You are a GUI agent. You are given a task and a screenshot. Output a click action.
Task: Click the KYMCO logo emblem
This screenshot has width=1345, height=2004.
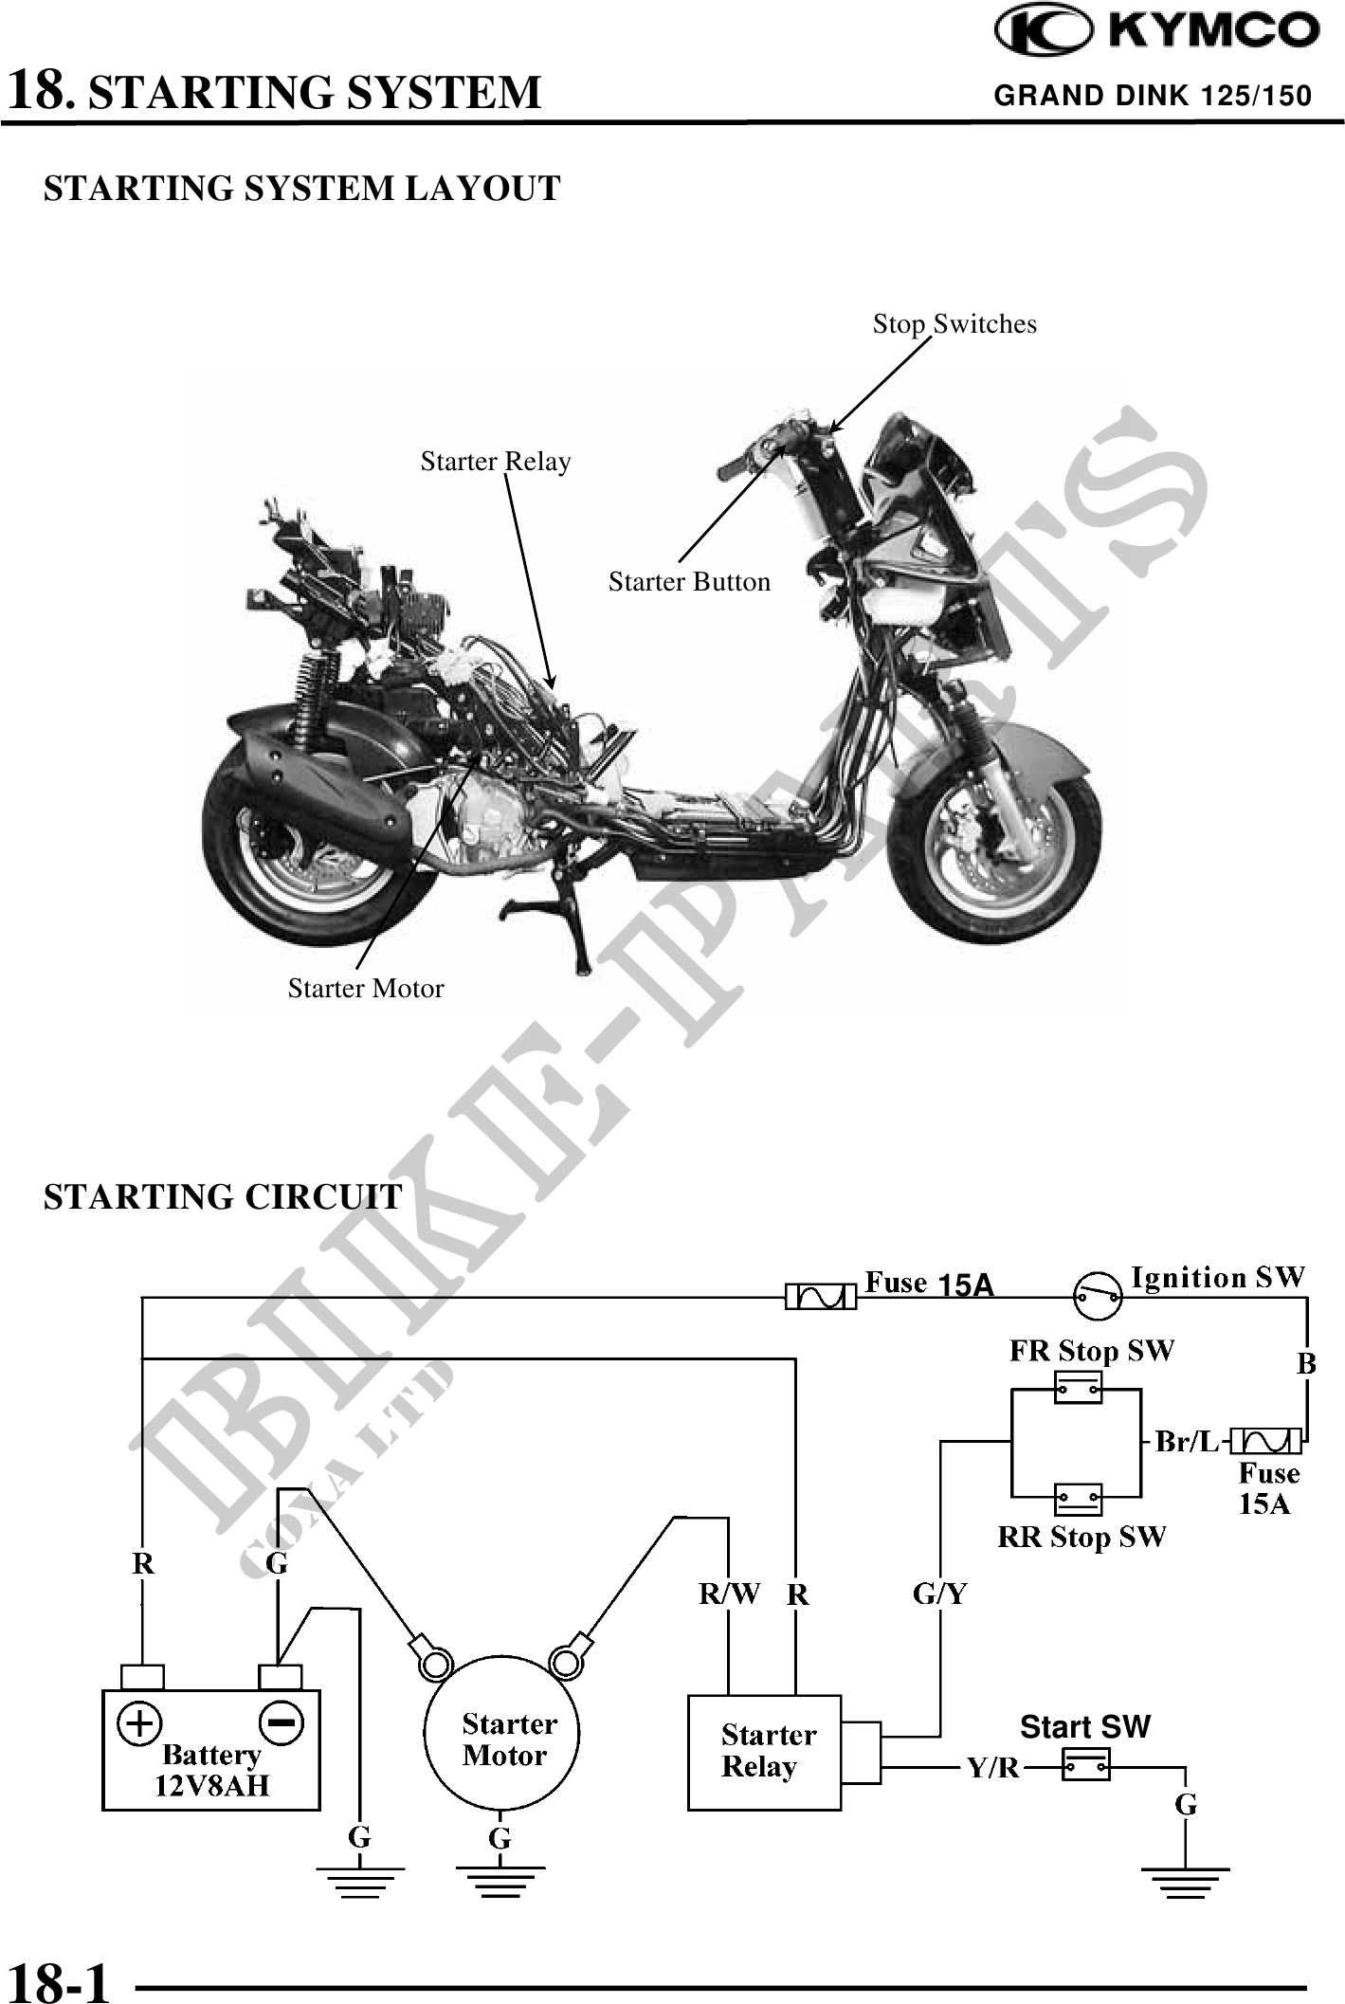[x=1042, y=31]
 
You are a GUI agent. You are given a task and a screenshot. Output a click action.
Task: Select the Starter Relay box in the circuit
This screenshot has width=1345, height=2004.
[x=764, y=1752]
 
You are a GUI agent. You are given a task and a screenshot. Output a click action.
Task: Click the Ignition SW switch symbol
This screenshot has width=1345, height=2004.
[x=1098, y=1295]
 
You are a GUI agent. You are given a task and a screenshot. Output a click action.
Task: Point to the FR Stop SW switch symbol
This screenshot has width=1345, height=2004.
[x=1079, y=1390]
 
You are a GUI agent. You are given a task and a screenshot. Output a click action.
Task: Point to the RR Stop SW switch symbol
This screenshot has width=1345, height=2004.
[x=1079, y=1500]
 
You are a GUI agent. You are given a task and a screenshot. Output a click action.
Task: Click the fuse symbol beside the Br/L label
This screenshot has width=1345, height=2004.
[x=1265, y=1442]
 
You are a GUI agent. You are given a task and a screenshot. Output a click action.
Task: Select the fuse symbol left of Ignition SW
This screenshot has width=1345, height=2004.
[x=821, y=1296]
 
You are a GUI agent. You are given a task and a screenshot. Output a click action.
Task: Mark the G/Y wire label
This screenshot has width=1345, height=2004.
[x=939, y=1594]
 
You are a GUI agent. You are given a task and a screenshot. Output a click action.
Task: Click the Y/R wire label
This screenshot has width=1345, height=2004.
[x=992, y=1768]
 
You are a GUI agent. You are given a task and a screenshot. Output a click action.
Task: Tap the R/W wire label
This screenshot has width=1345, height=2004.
[x=729, y=1594]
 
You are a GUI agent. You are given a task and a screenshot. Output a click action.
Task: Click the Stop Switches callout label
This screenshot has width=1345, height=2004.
[x=954, y=324]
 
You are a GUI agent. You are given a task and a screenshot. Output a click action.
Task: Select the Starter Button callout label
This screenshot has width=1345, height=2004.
[x=689, y=582]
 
